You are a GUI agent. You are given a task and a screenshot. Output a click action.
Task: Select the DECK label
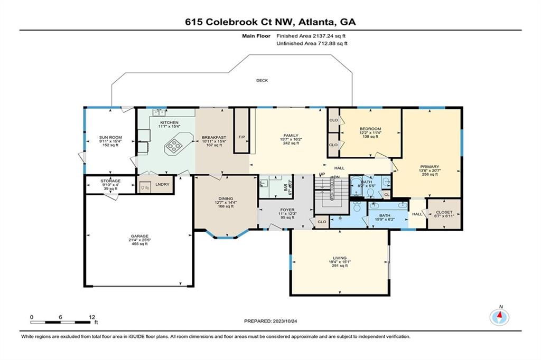click(x=262, y=81)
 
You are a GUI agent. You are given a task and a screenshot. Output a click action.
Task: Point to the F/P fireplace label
click(x=241, y=137)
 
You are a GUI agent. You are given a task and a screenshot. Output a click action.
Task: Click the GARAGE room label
click(x=139, y=236)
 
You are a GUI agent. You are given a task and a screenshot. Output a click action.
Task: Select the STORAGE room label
click(x=110, y=181)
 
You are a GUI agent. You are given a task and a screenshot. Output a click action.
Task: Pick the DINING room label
click(x=224, y=198)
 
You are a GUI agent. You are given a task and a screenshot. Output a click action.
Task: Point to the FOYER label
click(x=287, y=209)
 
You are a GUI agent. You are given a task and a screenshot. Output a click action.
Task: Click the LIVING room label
click(x=340, y=258)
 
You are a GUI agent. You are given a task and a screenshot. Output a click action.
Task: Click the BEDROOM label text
click(x=370, y=129)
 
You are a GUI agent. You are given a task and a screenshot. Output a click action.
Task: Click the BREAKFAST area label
click(x=214, y=137)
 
